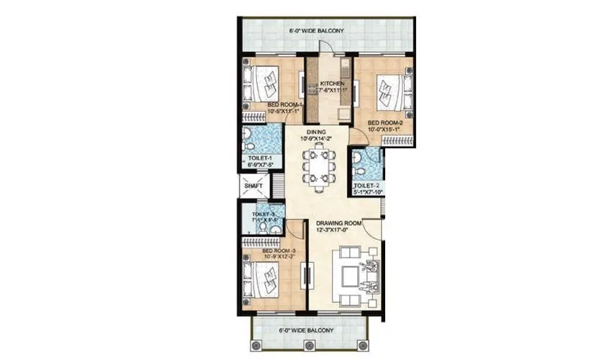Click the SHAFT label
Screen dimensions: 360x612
click(253, 186)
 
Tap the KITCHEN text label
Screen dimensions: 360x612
click(332, 84)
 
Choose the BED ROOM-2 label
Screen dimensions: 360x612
click(385, 123)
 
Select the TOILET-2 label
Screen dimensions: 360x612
click(366, 186)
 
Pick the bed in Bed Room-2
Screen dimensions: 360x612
click(392, 91)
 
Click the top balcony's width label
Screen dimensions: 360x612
click(316, 31)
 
